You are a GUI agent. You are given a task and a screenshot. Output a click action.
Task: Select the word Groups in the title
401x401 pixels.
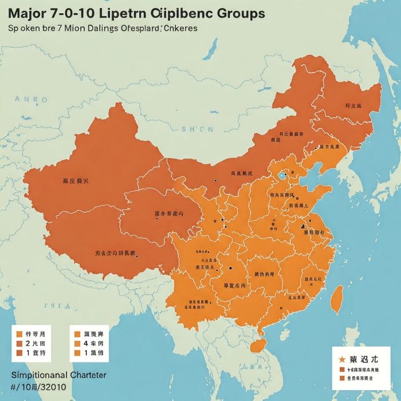coord(235,13)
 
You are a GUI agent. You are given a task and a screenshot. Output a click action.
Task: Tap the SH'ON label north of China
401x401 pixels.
coord(197,129)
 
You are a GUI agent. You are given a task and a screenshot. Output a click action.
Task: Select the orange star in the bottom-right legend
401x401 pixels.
coord(342,359)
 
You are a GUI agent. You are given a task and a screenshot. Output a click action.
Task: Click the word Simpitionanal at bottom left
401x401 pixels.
coord(37,375)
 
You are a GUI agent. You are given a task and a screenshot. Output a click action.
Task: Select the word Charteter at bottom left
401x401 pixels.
coord(85,375)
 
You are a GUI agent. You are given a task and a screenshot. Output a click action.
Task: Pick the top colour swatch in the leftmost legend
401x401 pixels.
coord(19,333)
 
